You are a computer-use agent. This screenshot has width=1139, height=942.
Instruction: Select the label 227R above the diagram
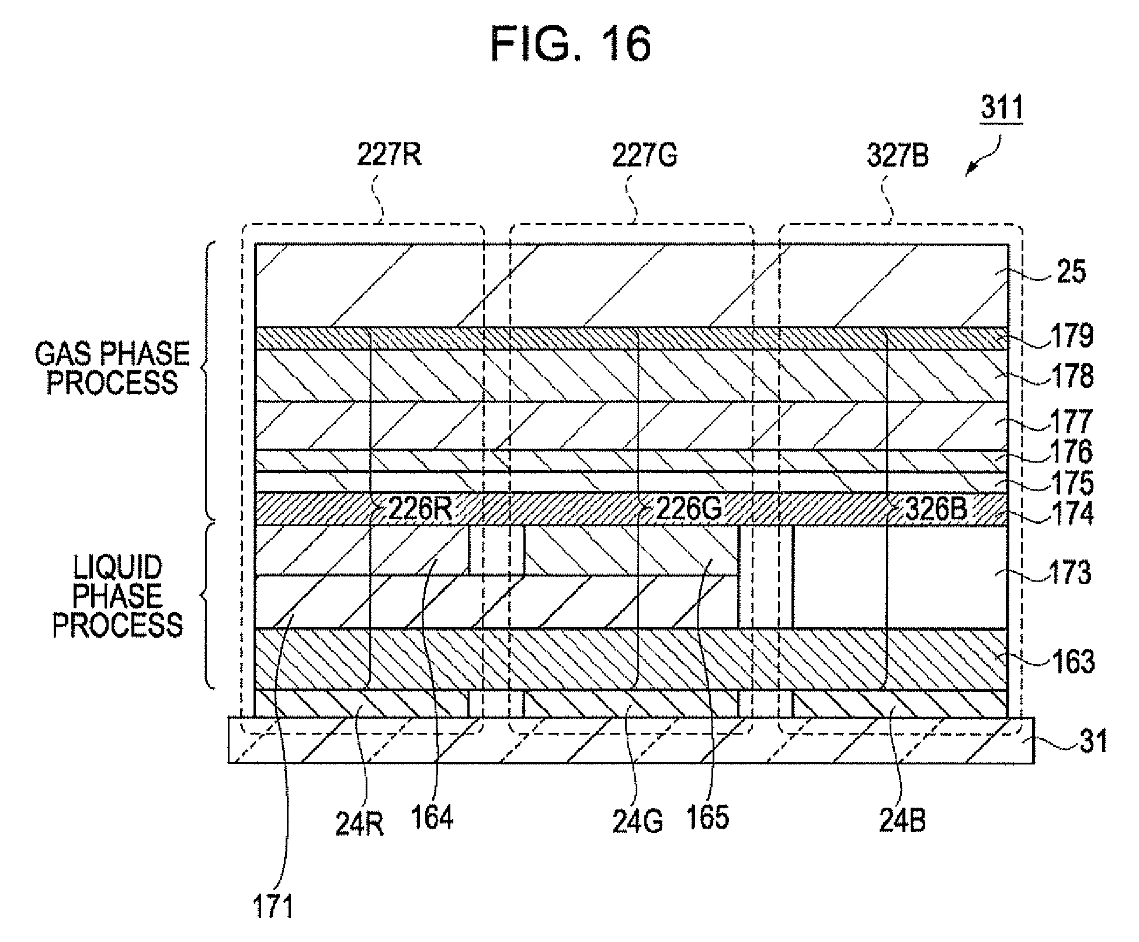pos(389,155)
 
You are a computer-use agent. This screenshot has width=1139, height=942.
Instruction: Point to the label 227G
pos(644,155)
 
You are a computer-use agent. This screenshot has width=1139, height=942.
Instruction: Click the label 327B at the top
pos(898,155)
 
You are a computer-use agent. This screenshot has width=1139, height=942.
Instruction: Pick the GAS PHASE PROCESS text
pos(113,369)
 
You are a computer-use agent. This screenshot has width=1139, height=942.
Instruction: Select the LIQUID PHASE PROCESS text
pos(117,596)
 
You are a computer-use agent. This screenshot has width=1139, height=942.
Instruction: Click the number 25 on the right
pos(1069,272)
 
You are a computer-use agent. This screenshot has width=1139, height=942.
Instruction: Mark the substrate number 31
pos(1093,741)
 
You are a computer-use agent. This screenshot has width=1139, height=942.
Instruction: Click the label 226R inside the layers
pos(420,509)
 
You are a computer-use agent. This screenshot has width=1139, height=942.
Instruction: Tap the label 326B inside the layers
pos(936,509)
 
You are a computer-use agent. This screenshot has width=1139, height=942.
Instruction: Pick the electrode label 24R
pos(359,823)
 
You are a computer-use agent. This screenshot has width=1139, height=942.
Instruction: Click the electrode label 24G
pos(638,822)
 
